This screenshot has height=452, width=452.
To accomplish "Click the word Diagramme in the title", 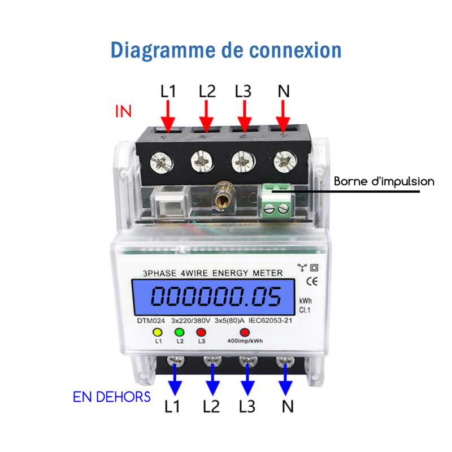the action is (163, 51).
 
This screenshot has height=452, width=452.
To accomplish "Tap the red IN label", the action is (123, 111).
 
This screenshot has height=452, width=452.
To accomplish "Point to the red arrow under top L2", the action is (206, 116).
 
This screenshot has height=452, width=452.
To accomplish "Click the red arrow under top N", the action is (283, 116).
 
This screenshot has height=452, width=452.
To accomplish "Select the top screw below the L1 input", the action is (162, 163).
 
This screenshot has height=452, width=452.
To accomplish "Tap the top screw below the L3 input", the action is (244, 162).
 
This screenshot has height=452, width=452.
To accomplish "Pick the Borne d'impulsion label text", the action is (384, 181).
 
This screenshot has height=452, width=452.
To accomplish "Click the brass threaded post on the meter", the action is (222, 197).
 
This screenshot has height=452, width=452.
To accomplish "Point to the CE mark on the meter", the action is (312, 281).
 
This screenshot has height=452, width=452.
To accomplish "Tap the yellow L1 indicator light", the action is (158, 332).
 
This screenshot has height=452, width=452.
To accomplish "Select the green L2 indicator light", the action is (179, 332).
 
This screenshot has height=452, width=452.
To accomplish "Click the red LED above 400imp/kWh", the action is (245, 332).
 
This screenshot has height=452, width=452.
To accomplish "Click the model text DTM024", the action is (151, 321).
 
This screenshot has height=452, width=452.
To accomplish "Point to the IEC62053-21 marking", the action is (270, 320).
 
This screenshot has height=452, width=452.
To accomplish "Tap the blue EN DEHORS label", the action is (111, 397).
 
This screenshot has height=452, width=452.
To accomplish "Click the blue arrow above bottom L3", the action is (247, 379).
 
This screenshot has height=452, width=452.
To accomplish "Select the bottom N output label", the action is (288, 407).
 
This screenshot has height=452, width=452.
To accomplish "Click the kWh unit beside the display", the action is (305, 301).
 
